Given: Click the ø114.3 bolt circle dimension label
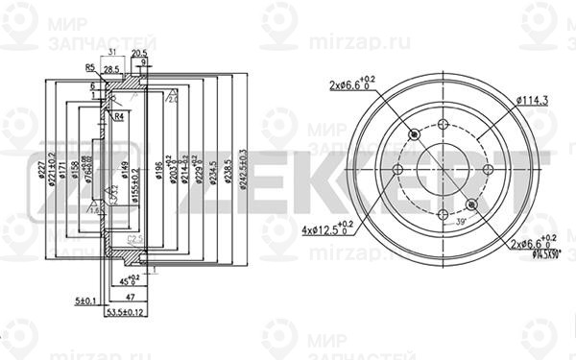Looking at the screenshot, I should [x=533, y=99].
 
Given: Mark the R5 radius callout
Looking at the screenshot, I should [x=87, y=68].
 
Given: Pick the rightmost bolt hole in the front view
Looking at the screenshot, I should [x=489, y=169].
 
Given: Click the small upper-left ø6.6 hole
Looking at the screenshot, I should [x=415, y=135].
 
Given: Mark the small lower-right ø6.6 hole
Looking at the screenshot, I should [x=472, y=203].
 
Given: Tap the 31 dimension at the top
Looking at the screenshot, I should [x=112, y=54].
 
